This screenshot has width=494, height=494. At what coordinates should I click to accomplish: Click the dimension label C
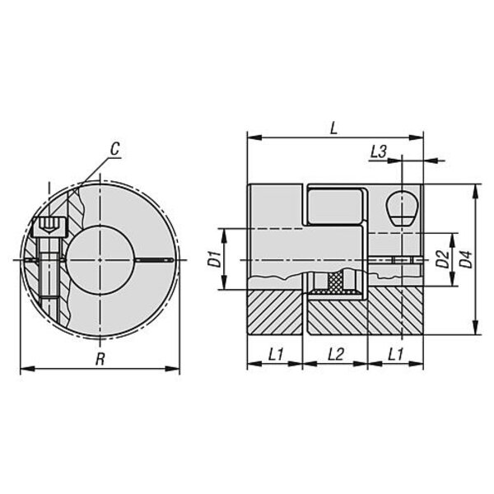115,149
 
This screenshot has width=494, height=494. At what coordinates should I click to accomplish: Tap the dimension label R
100,359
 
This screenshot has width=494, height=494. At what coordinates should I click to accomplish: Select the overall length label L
333,128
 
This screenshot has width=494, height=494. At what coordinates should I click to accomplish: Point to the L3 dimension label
378,151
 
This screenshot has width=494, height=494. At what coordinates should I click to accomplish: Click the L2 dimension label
336,354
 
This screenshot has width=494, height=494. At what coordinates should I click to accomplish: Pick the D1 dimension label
215,259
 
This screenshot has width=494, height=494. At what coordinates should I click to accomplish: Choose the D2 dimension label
443,259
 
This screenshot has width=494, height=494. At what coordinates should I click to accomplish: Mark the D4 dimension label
467,259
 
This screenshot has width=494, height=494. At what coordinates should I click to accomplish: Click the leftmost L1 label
276,354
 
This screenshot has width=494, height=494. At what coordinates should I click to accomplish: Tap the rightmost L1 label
395,354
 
